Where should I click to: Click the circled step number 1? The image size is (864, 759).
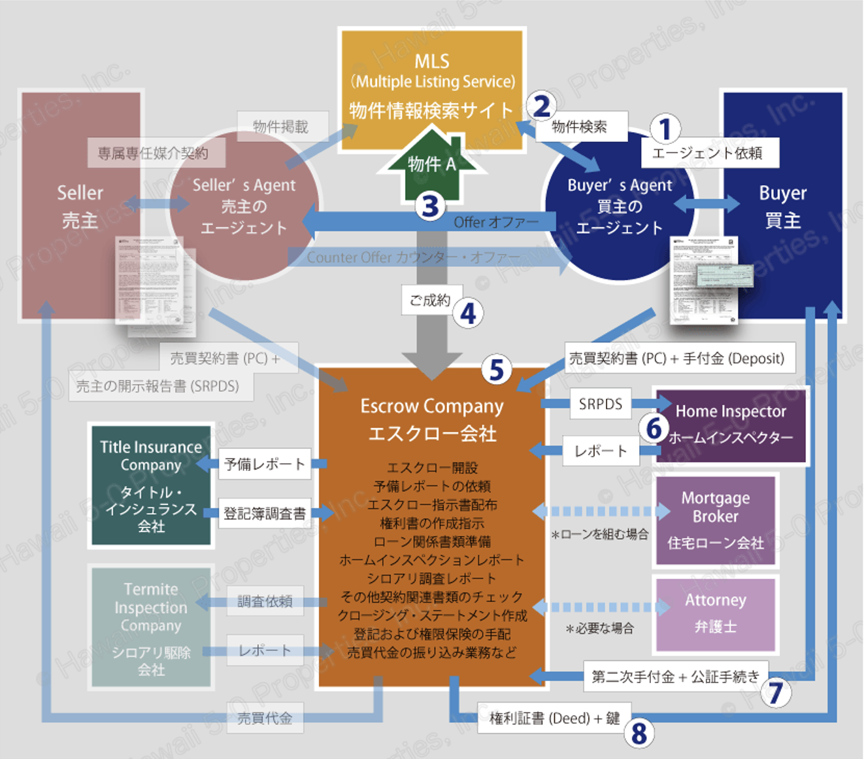click(x=665, y=129)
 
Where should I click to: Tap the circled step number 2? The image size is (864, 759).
click(x=542, y=106)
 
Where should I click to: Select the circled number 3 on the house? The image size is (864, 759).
click(x=430, y=206)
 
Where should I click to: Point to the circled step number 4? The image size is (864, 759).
click(x=468, y=314)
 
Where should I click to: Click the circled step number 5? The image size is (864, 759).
click(x=497, y=369)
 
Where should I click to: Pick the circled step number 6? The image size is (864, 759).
click(x=654, y=429)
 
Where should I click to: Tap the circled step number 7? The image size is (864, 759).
click(x=775, y=692)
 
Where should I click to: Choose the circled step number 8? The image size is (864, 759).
click(x=639, y=733)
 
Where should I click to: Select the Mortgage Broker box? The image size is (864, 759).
click(x=716, y=520)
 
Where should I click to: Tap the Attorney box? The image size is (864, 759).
click(x=716, y=614)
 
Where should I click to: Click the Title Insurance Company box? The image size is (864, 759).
click(x=151, y=485)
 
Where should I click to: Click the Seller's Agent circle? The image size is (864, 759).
click(x=244, y=206)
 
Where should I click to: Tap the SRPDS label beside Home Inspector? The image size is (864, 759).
click(x=600, y=404)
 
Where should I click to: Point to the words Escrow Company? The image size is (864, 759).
click(x=432, y=406)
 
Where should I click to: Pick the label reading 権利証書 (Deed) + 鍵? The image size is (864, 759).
click(x=554, y=718)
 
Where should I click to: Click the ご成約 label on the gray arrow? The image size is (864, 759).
click(x=430, y=300)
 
